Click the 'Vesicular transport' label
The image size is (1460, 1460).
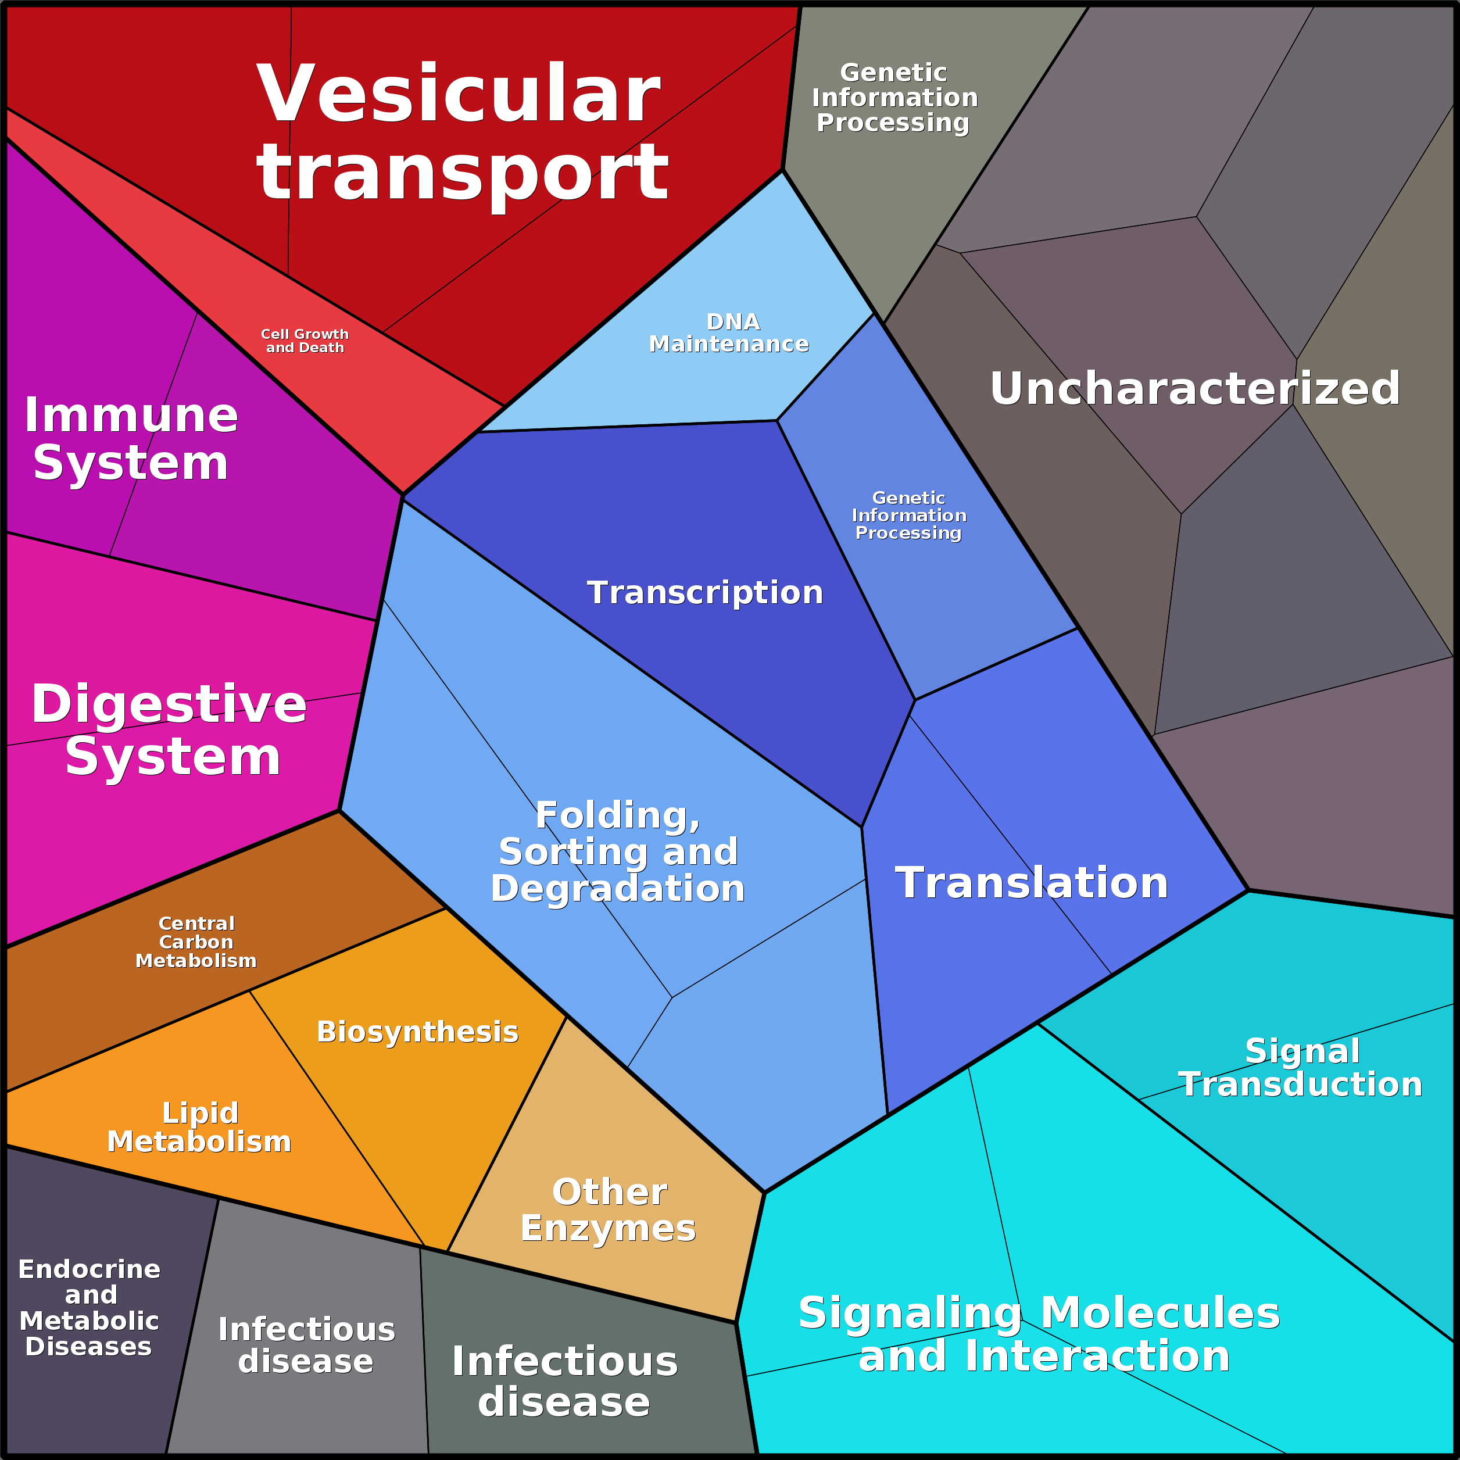pos(463,133)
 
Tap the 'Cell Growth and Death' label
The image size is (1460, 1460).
pos(305,341)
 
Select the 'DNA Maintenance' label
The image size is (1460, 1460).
pos(729,333)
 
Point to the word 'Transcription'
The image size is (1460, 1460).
pos(704,592)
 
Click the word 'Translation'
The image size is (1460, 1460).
pos(1032,883)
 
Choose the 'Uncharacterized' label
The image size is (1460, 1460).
pos(1195,388)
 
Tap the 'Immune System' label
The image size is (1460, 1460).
pos(131,438)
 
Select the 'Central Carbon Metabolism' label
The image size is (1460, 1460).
pos(196,942)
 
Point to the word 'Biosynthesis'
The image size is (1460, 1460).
pos(417,1032)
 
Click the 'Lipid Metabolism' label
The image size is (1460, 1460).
pos(199,1128)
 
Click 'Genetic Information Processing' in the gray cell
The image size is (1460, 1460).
pos(894,98)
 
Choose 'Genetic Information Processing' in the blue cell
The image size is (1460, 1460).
pos(908,516)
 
